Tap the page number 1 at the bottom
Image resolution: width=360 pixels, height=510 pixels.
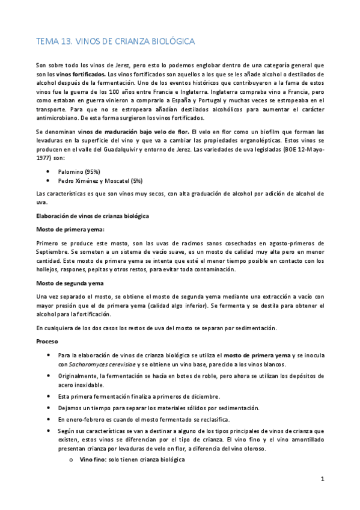tap(322, 479)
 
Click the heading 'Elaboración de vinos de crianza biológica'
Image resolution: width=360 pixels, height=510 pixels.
tap(93, 215)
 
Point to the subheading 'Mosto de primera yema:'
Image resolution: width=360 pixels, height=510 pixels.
tap(70, 229)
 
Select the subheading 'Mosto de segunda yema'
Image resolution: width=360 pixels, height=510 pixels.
tap(70, 283)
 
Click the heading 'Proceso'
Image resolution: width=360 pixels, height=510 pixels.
tap(47, 341)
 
